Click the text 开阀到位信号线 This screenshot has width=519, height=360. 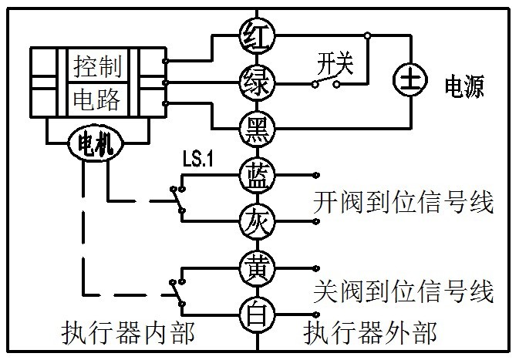403,204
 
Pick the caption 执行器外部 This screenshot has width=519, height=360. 370,334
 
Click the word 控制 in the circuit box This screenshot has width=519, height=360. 97,66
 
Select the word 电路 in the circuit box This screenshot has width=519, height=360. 97,99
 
